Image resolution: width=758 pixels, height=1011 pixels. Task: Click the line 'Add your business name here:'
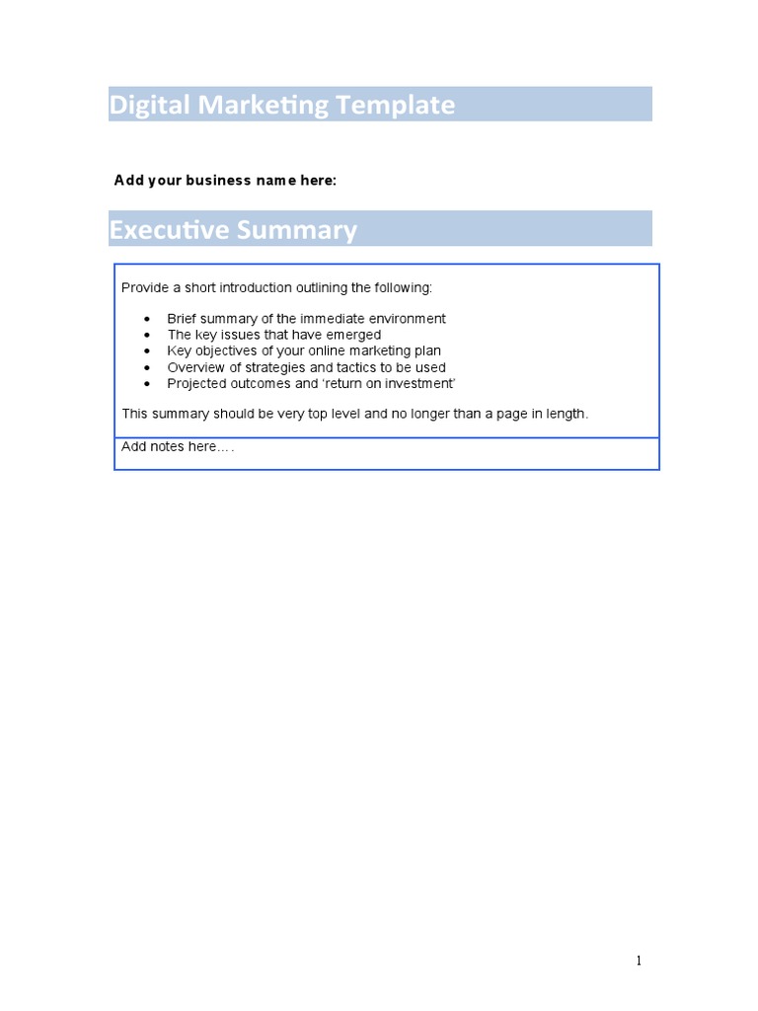tap(225, 180)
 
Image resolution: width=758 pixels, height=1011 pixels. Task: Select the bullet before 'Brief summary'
tap(147, 319)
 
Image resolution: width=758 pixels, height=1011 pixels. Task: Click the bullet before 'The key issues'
tap(147, 336)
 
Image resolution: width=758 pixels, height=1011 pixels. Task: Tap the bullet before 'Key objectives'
tap(147, 351)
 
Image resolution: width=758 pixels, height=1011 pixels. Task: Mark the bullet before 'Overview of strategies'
tap(147, 367)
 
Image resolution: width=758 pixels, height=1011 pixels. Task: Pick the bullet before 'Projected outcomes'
tap(147, 384)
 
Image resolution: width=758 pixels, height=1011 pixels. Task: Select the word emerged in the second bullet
tap(355, 335)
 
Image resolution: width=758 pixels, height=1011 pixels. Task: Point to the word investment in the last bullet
tap(418, 383)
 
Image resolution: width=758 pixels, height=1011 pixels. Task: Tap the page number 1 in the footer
tap(639, 961)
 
